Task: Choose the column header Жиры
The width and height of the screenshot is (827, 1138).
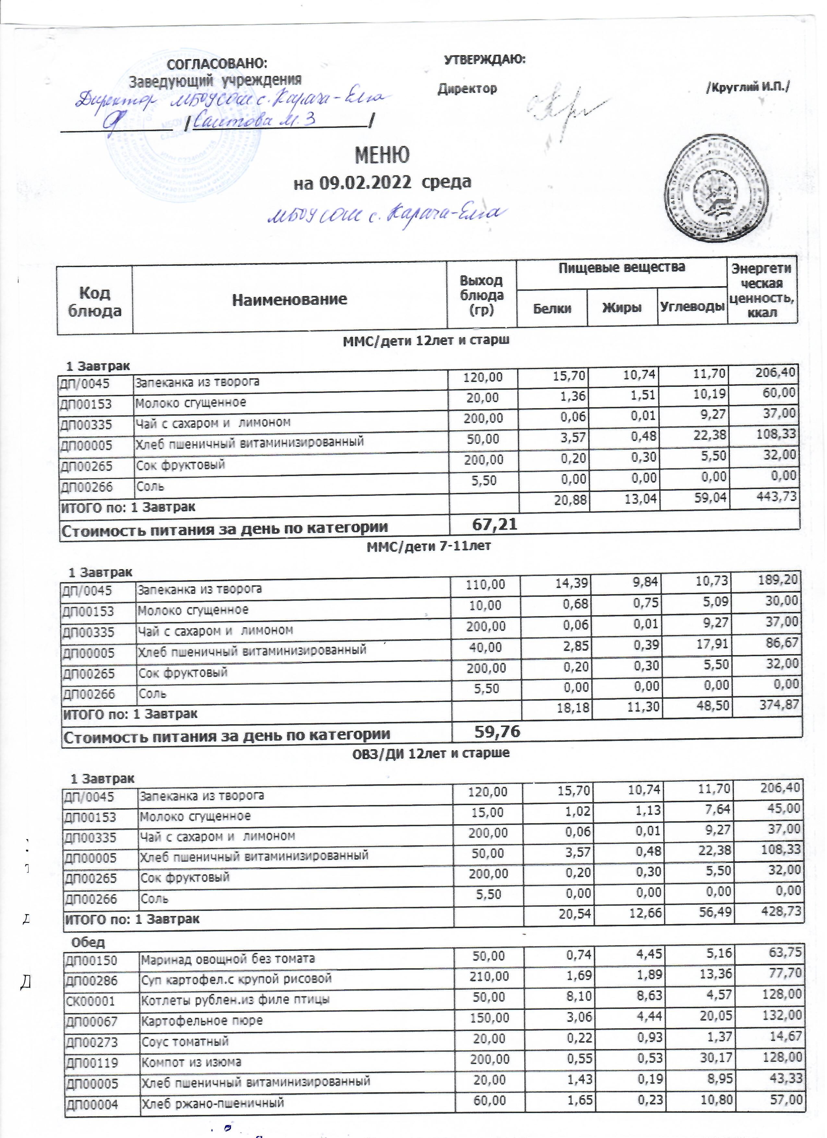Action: point(622,308)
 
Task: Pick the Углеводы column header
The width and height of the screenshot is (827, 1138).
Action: point(692,307)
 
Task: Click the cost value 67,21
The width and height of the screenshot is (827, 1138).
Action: point(495,525)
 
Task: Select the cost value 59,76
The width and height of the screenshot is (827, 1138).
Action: point(497,732)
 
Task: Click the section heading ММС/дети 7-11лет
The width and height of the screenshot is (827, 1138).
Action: point(429,547)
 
